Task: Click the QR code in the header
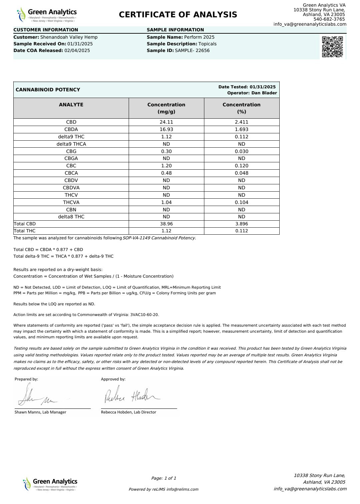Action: [x=332, y=47]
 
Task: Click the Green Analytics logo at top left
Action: [x=47, y=15]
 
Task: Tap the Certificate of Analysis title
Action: [x=178, y=15]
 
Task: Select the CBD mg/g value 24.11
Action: [x=166, y=122]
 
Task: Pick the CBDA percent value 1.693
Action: [x=241, y=129]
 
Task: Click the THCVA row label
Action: [x=71, y=202]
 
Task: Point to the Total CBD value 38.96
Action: [x=166, y=224]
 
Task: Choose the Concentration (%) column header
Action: [x=241, y=108]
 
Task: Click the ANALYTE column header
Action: [x=71, y=105]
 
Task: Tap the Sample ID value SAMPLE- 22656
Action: [x=192, y=51]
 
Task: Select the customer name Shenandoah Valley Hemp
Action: [x=69, y=37]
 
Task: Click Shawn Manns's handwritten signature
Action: [x=37, y=396]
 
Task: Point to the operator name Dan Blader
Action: [x=264, y=93]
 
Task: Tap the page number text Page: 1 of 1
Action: [x=164, y=478]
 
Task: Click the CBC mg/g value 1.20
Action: [x=166, y=166]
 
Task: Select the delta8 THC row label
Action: [x=71, y=217]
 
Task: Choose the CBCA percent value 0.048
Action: [x=241, y=173]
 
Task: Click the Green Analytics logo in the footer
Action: [x=50, y=484]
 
